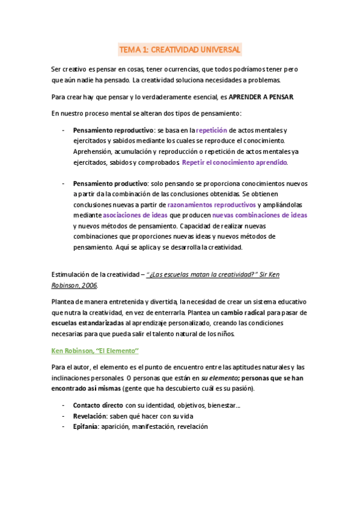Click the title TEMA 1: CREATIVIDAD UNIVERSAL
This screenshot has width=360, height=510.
pos(180,49)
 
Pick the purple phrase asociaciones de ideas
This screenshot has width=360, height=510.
pos(136,215)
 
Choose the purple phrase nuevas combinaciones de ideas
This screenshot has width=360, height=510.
pos(260,215)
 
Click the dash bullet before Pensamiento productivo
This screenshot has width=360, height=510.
pos(63,183)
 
